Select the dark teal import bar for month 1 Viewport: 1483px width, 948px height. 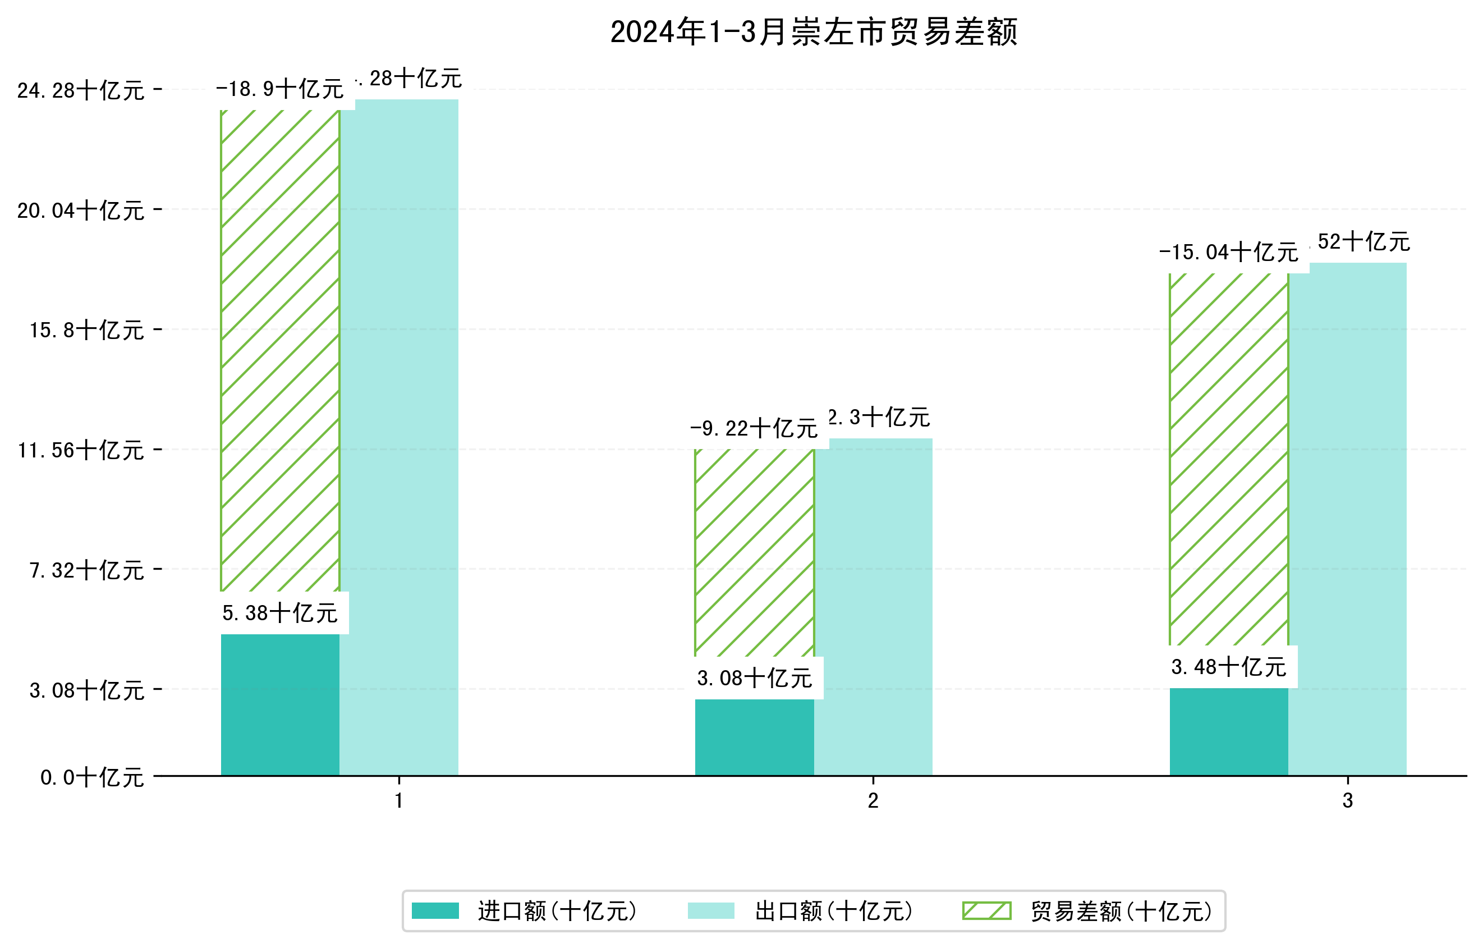279,705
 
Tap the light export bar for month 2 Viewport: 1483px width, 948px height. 873,607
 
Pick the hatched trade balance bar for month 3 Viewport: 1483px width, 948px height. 1228,459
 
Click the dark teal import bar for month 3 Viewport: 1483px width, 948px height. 1228,732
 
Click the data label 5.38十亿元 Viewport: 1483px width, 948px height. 279,613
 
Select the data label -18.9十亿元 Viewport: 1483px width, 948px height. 279,89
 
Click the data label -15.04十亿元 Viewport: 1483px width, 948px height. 1228,253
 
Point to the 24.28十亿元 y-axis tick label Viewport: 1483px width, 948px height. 81,90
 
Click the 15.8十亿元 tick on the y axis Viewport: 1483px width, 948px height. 87,330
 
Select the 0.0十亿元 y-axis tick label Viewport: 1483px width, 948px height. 93,777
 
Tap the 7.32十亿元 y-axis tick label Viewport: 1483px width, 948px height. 87,570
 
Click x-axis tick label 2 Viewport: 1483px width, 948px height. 873,801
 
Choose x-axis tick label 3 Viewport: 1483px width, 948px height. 1348,801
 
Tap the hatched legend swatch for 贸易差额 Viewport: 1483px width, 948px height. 986,910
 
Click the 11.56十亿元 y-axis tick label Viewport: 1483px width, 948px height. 81,450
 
